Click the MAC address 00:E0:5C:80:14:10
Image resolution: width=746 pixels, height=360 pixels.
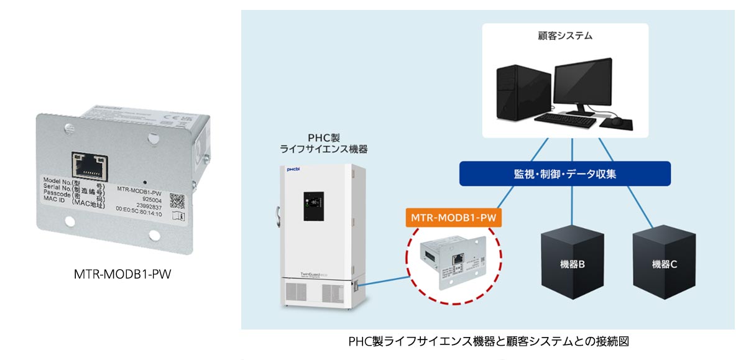click(139, 214)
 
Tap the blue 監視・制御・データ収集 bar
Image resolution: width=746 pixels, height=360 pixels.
click(564, 173)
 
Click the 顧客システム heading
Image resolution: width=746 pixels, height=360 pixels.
click(565, 36)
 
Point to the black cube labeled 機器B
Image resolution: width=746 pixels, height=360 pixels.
click(572, 262)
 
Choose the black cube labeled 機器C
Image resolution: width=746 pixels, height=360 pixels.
click(664, 262)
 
